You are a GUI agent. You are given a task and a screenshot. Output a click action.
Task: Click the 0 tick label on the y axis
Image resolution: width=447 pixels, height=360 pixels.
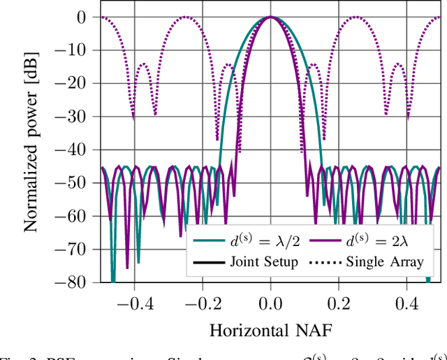[x=82, y=17]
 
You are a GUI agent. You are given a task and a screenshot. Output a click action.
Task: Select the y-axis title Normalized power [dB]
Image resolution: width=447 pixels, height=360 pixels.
[x=31, y=150]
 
